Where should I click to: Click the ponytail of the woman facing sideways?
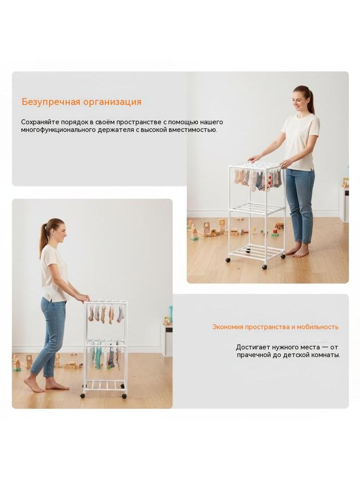point(44,234)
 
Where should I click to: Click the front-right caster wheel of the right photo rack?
point(264,267)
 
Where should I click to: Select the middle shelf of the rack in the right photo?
point(257,207)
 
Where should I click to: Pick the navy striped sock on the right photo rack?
point(260,181)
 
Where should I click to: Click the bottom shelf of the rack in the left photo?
point(104,385)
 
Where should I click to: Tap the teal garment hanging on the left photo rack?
point(98,358)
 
